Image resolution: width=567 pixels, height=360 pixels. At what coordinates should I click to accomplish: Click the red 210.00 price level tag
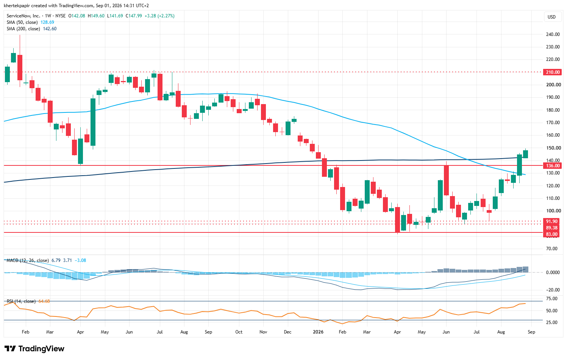point(553,72)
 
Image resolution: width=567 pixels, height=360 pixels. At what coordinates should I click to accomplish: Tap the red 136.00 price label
point(553,166)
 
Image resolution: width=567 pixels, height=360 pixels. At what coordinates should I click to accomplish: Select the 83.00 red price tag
point(553,234)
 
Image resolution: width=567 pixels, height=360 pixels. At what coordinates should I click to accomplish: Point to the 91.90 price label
point(553,221)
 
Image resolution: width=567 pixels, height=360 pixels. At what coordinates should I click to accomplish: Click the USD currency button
point(551,17)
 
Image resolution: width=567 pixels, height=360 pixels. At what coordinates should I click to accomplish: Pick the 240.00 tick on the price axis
point(553,34)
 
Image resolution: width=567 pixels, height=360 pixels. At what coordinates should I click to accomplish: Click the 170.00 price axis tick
point(553,122)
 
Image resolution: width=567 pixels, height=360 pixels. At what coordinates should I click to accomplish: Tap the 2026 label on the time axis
point(318,332)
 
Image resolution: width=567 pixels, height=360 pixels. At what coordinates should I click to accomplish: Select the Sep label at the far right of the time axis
point(531,332)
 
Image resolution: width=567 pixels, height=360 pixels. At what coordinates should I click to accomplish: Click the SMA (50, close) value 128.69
point(47,22)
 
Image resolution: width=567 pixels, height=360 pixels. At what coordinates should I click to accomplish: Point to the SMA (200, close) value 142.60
point(50,29)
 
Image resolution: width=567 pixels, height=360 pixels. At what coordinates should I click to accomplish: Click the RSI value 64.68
point(44,301)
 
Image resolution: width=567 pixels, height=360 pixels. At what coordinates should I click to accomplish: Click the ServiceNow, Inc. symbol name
point(23,16)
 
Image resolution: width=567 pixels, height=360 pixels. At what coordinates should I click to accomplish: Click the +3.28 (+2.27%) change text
point(159,16)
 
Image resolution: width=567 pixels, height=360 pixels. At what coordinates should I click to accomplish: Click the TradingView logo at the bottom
point(34,349)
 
